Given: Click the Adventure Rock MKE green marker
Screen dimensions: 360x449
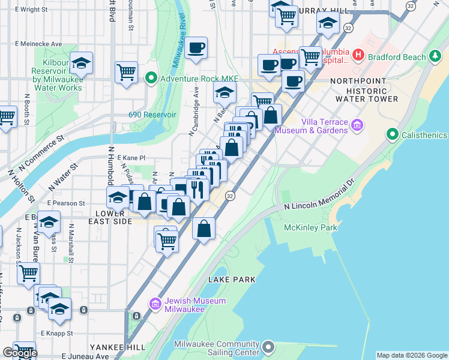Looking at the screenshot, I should [x=151, y=77].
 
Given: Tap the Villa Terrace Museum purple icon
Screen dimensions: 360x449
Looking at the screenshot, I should [x=358, y=125].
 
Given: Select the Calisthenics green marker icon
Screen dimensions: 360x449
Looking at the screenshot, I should [x=393, y=134].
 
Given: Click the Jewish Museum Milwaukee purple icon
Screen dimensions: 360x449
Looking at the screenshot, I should [x=155, y=305].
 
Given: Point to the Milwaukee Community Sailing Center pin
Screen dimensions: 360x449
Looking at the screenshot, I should [x=268, y=347].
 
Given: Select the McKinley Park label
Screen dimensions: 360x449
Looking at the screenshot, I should [x=312, y=227].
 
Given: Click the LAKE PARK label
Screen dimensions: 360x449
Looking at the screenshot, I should [x=232, y=280].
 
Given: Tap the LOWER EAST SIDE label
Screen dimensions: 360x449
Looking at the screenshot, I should [x=114, y=217].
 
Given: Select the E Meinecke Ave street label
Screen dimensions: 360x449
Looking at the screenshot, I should [x=40, y=44].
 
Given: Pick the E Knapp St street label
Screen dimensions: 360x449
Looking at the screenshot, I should [x=57, y=333].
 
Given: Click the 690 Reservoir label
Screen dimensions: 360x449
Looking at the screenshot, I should [x=152, y=115].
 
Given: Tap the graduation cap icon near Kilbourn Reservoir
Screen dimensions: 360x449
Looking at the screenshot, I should [x=81, y=63].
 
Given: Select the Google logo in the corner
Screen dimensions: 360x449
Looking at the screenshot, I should [x=19, y=353].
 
